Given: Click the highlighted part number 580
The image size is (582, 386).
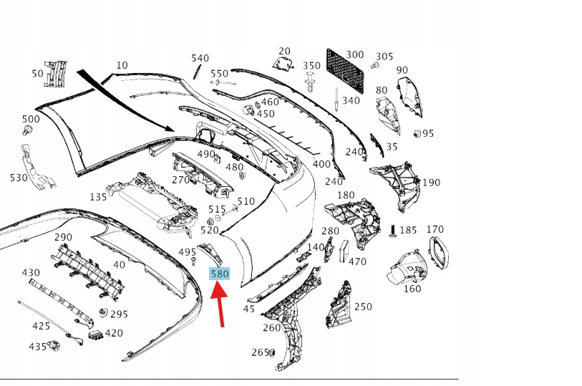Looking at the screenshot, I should [x=219, y=273].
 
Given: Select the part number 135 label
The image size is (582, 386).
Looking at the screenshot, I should [x=98, y=197].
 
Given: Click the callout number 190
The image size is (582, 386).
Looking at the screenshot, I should [x=431, y=183].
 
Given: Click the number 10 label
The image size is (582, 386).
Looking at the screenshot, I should [x=122, y=65].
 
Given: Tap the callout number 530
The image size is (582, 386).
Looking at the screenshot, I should [x=19, y=177].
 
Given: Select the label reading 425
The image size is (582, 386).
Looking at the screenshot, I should [x=41, y=326].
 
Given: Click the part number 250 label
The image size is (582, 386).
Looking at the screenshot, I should [x=363, y=307].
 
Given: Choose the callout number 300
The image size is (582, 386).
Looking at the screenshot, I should [x=354, y=54].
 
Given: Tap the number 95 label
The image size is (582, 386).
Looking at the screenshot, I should [x=428, y=134].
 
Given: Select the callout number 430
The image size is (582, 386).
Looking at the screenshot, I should [x=31, y=273].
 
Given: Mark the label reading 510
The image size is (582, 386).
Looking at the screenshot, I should [x=246, y=201].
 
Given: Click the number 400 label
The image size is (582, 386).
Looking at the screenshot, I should [x=322, y=164].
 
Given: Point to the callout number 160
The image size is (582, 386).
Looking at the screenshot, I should [x=412, y=289].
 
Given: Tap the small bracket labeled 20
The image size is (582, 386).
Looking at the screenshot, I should [x=284, y=64].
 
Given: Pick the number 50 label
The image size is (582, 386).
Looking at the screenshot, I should [x=37, y=73].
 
